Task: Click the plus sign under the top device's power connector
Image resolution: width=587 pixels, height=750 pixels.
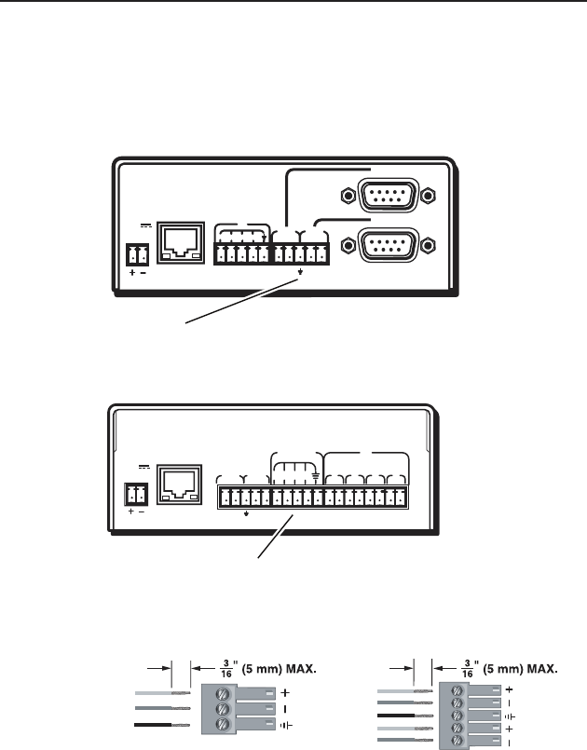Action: click(130, 274)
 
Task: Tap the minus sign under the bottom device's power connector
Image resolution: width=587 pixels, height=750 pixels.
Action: click(143, 511)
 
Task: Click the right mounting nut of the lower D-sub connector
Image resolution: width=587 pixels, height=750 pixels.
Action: click(429, 246)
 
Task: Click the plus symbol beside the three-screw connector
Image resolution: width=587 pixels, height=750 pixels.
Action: click(283, 693)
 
